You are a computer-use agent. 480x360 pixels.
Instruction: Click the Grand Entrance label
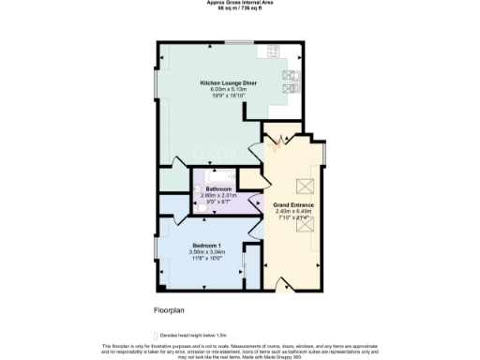pos(293,204)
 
